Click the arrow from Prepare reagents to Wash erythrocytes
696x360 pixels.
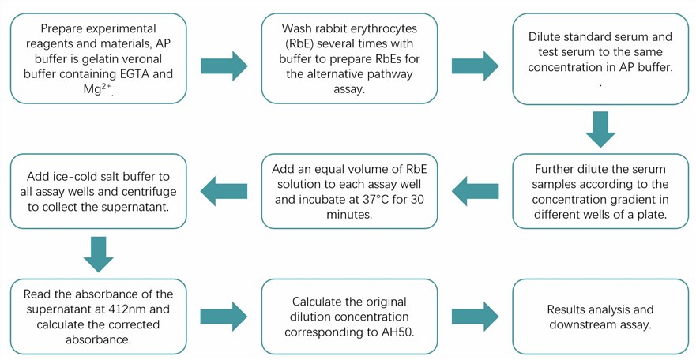point(224,65)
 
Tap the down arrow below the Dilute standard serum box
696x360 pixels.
point(600,129)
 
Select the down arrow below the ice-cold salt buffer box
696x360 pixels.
point(98,253)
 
